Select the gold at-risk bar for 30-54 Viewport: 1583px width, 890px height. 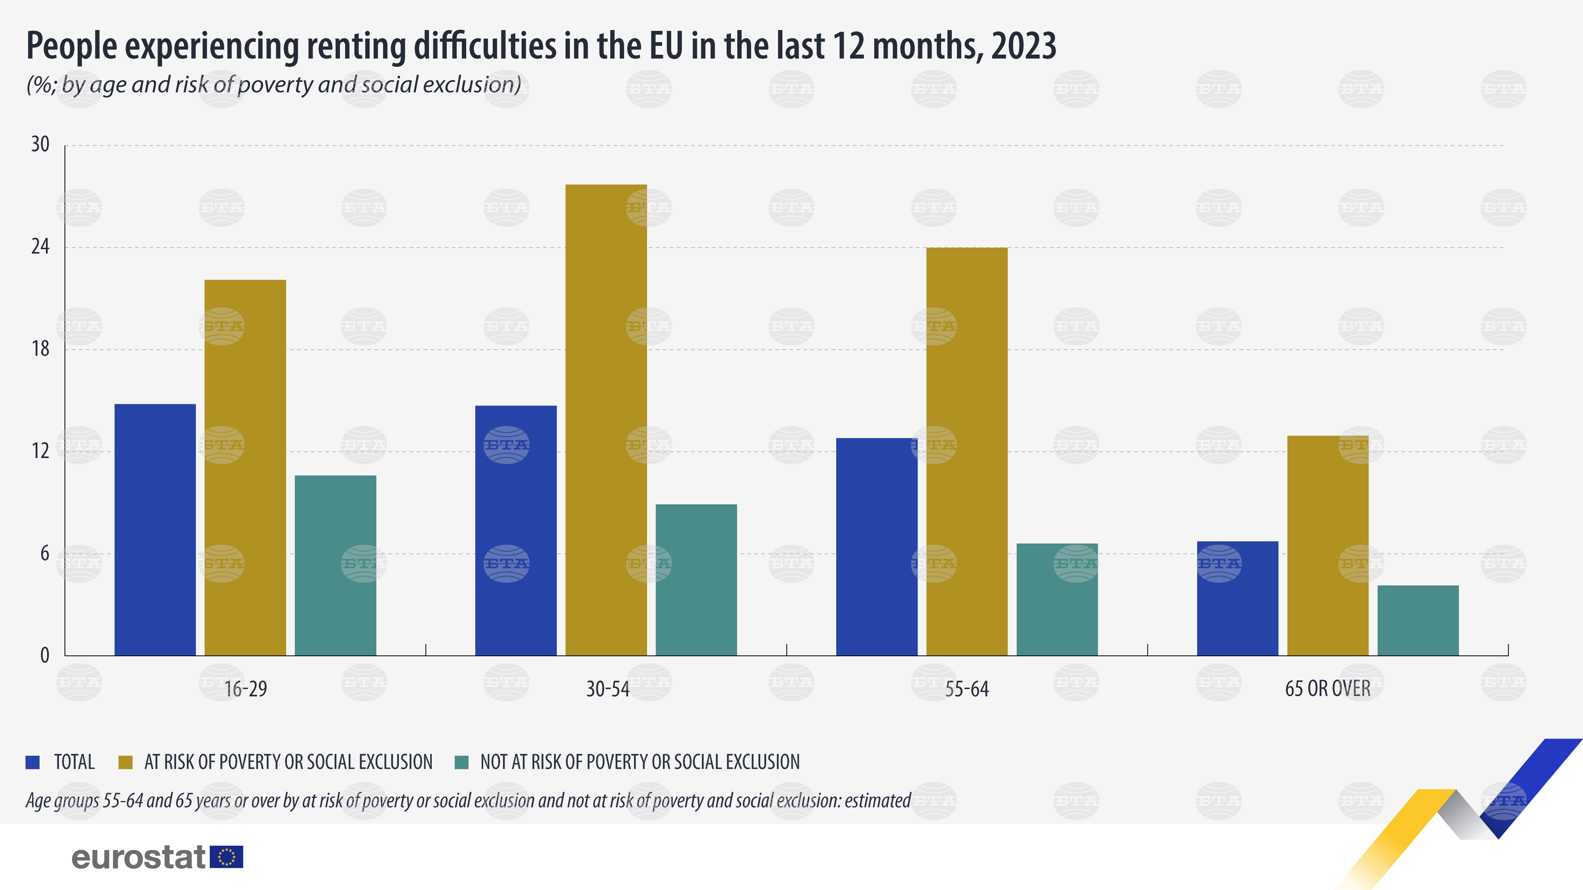pos(606,420)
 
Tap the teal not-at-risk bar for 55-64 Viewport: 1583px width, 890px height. pos(1057,600)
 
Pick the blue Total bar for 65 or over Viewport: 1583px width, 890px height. pos(1238,598)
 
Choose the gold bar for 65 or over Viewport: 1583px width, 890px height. pos(1327,545)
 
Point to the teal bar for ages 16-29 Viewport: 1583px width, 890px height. pos(336,565)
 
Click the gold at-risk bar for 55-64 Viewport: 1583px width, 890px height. pos(967,451)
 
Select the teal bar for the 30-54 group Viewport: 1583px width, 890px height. pos(696,580)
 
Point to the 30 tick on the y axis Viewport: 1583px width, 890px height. pos(40,145)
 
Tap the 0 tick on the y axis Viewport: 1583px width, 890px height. pos(44,655)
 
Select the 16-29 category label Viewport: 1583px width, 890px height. pos(245,689)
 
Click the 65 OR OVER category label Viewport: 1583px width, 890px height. pos(1327,689)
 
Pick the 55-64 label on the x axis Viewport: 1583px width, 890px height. pos(967,689)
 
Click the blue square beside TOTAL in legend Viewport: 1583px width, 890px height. pos(32,762)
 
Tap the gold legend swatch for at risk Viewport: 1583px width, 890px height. pos(125,762)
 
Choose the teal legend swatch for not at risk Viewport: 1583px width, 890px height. pos(461,762)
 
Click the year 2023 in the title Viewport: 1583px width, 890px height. pos(1023,46)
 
